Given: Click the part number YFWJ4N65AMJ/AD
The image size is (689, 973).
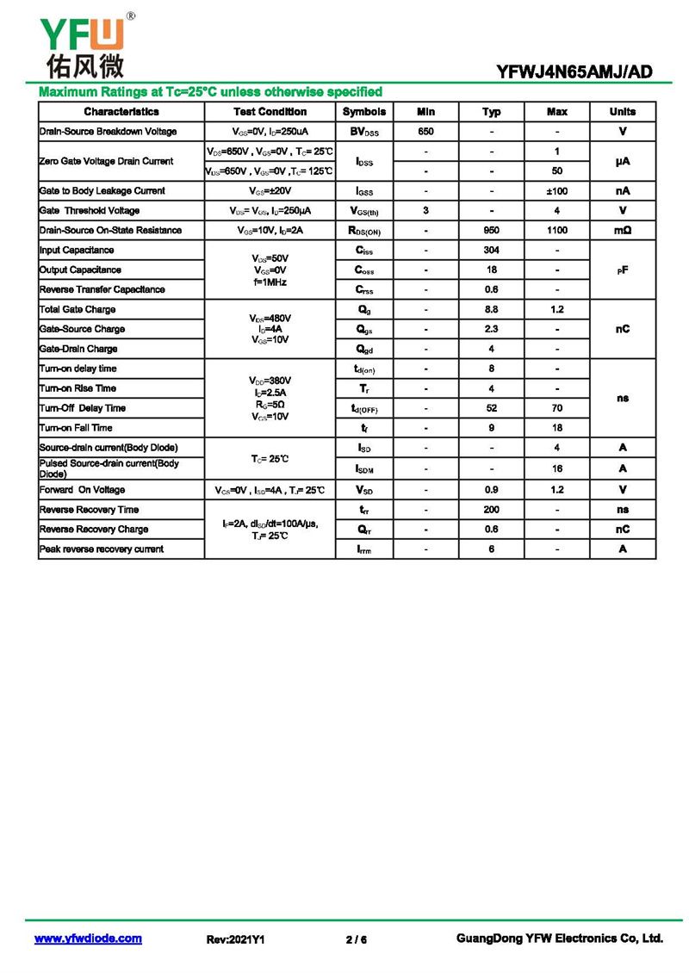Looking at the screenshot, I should (574, 72).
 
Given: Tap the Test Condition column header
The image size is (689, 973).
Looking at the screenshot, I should (270, 112).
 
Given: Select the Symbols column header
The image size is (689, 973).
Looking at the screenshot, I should (364, 112).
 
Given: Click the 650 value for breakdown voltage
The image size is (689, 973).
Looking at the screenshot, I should (425, 132).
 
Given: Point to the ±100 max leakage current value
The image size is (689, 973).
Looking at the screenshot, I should (557, 191).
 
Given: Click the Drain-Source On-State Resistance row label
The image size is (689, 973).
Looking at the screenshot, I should (110, 231).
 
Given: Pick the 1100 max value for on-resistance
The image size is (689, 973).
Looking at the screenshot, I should (557, 231).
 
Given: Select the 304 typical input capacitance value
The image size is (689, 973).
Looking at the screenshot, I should (492, 251).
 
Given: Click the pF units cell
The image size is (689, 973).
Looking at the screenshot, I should (623, 270).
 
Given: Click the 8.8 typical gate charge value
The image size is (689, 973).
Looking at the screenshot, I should (492, 310).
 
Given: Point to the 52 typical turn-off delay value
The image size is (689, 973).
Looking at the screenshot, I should (492, 409).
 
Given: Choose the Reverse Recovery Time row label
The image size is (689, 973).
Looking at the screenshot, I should (89, 510).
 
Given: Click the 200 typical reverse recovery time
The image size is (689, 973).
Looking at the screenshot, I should (492, 510).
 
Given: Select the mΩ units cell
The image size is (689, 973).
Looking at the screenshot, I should (623, 231).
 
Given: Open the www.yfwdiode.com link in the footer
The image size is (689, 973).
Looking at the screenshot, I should (88, 939).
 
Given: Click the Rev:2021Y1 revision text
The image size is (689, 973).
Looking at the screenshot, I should (235, 939).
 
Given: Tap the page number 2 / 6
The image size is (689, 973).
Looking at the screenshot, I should (356, 939).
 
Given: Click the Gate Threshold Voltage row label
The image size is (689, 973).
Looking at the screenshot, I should (90, 211).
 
